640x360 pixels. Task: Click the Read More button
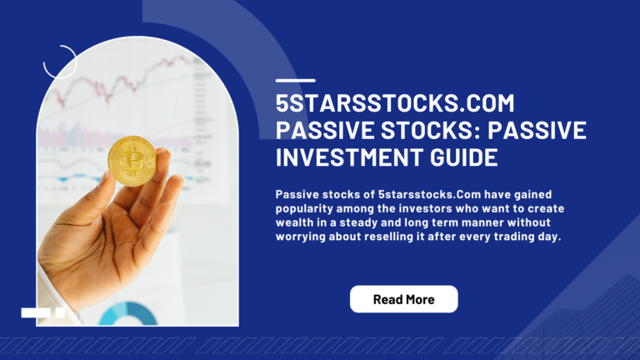pos(403,299)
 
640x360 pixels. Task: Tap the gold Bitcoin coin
pos(132,161)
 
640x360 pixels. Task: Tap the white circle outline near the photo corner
pos(60,61)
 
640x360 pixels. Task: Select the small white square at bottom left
pos(60,312)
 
